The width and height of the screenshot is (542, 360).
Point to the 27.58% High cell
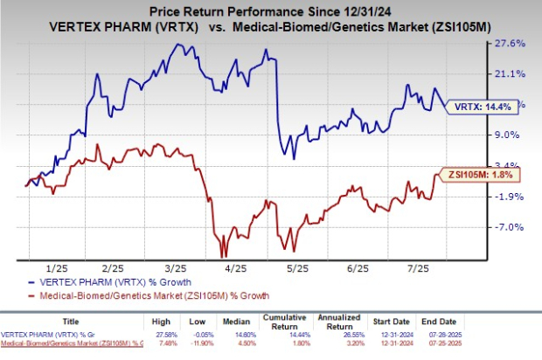coord(170,337)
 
